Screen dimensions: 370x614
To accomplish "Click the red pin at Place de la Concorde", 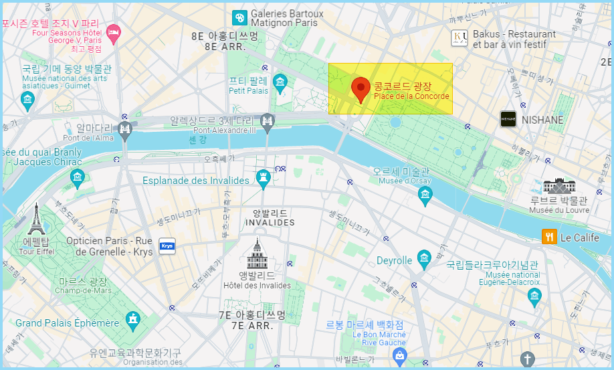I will click(361, 89).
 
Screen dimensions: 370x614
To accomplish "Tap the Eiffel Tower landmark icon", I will click(35, 219).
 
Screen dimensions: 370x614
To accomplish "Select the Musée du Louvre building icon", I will click(558, 185).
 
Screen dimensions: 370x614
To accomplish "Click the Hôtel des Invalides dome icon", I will click(258, 254).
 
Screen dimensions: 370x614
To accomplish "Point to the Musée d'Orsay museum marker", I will click(425, 195).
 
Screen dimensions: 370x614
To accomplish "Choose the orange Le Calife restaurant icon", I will click(549, 237).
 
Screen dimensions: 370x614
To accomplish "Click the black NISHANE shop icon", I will click(508, 119).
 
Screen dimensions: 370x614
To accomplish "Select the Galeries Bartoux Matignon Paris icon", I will click(239, 18).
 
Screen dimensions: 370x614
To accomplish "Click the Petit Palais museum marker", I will click(280, 83).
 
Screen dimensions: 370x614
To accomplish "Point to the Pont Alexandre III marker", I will click(268, 121).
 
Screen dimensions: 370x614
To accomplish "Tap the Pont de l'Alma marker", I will click(124, 129).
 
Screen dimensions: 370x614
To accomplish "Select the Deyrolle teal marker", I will click(423, 258).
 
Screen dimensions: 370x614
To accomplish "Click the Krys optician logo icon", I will click(167, 246).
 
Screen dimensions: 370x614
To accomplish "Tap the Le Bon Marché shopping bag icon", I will click(400, 355).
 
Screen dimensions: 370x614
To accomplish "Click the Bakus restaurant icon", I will click(459, 37).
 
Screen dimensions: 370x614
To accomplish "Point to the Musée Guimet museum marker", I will click(27, 100).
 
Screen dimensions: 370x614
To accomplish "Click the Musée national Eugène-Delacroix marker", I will click(534, 296).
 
